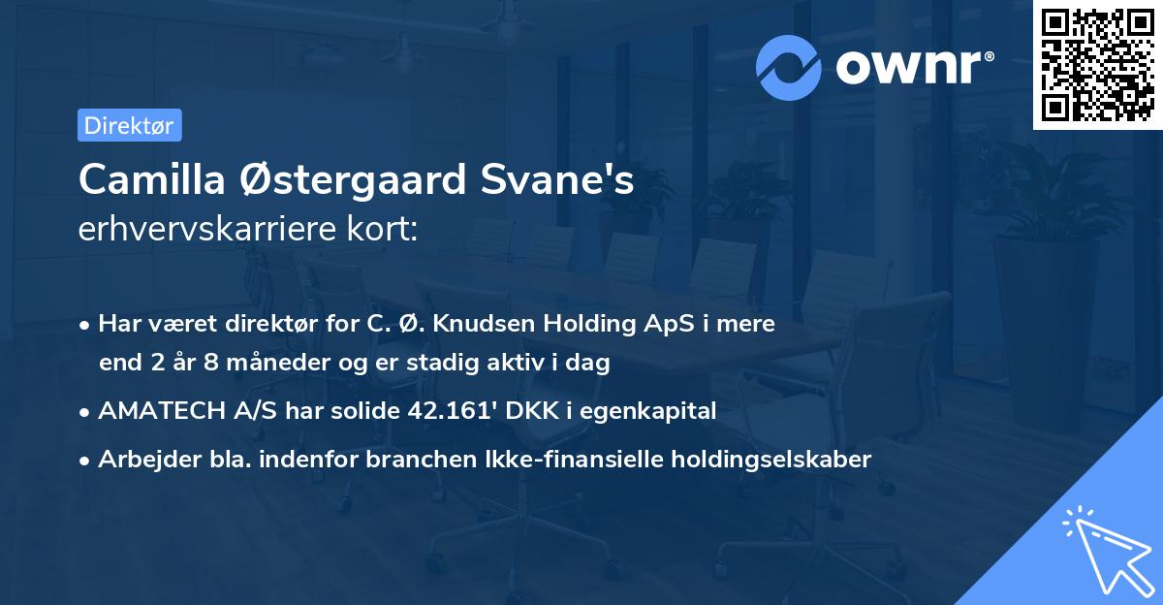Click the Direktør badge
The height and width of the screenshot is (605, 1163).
tap(129, 125)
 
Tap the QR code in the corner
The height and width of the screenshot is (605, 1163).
tap(1097, 64)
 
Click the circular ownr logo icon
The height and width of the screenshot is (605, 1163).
tap(789, 67)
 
